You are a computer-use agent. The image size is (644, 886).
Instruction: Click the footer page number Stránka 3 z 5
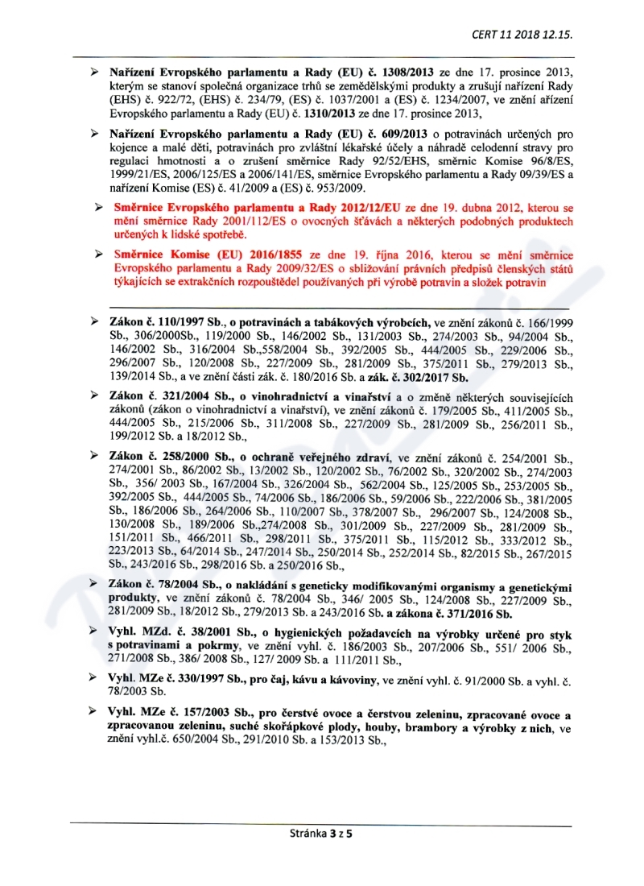point(322,834)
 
